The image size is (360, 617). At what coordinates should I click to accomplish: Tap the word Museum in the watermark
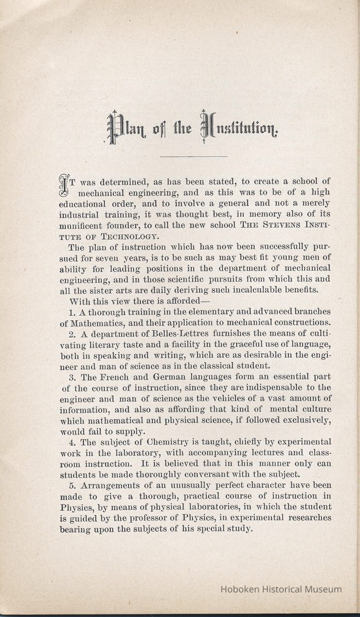[x=323, y=589]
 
